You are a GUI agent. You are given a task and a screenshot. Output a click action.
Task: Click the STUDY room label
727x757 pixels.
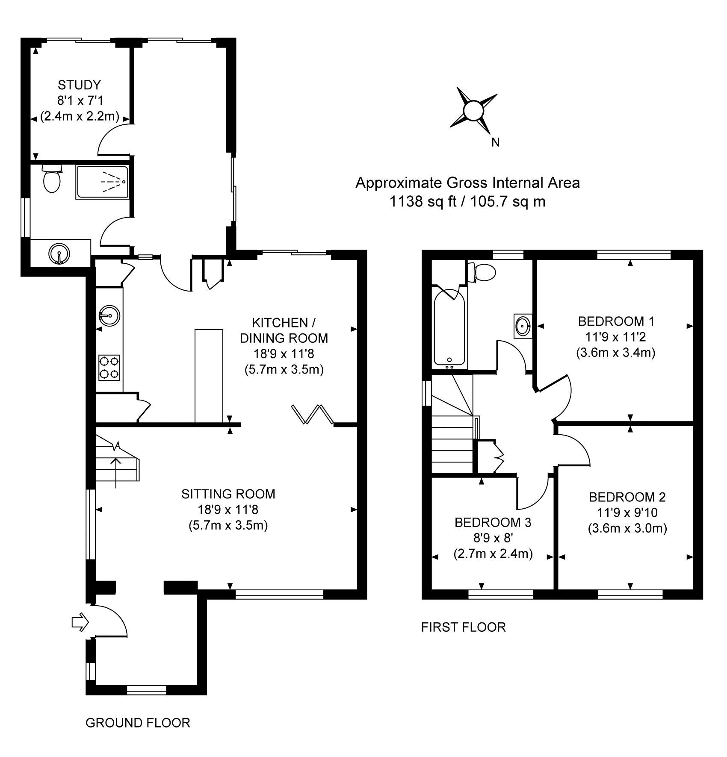point(79,85)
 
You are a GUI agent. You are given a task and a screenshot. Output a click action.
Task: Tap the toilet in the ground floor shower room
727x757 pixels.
point(52,179)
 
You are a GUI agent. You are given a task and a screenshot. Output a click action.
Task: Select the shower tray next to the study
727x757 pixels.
point(102,182)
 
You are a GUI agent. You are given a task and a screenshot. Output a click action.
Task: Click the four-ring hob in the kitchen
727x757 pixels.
point(109,367)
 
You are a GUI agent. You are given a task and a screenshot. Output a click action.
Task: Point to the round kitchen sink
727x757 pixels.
point(109,316)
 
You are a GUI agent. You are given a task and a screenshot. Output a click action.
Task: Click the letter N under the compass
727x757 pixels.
point(495,143)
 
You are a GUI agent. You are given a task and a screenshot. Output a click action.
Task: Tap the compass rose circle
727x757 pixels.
point(473,111)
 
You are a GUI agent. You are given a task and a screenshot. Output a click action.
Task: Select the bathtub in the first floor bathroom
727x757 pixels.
point(449,327)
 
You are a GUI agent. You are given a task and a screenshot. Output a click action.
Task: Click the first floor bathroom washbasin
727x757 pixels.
point(523,326)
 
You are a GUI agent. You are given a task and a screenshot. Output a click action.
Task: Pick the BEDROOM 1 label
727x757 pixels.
point(616,321)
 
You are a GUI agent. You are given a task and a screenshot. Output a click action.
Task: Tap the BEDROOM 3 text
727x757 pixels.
point(493,522)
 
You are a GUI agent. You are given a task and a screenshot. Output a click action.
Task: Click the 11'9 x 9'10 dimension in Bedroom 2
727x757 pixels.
point(627,513)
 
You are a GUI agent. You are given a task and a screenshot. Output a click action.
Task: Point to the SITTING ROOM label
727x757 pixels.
point(228,494)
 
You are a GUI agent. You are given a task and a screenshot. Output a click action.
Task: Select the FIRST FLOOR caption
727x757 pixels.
point(464,627)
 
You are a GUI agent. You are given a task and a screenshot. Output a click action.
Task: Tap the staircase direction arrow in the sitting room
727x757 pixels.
point(116,473)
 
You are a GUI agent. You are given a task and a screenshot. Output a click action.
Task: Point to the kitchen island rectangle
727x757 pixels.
point(209,376)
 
